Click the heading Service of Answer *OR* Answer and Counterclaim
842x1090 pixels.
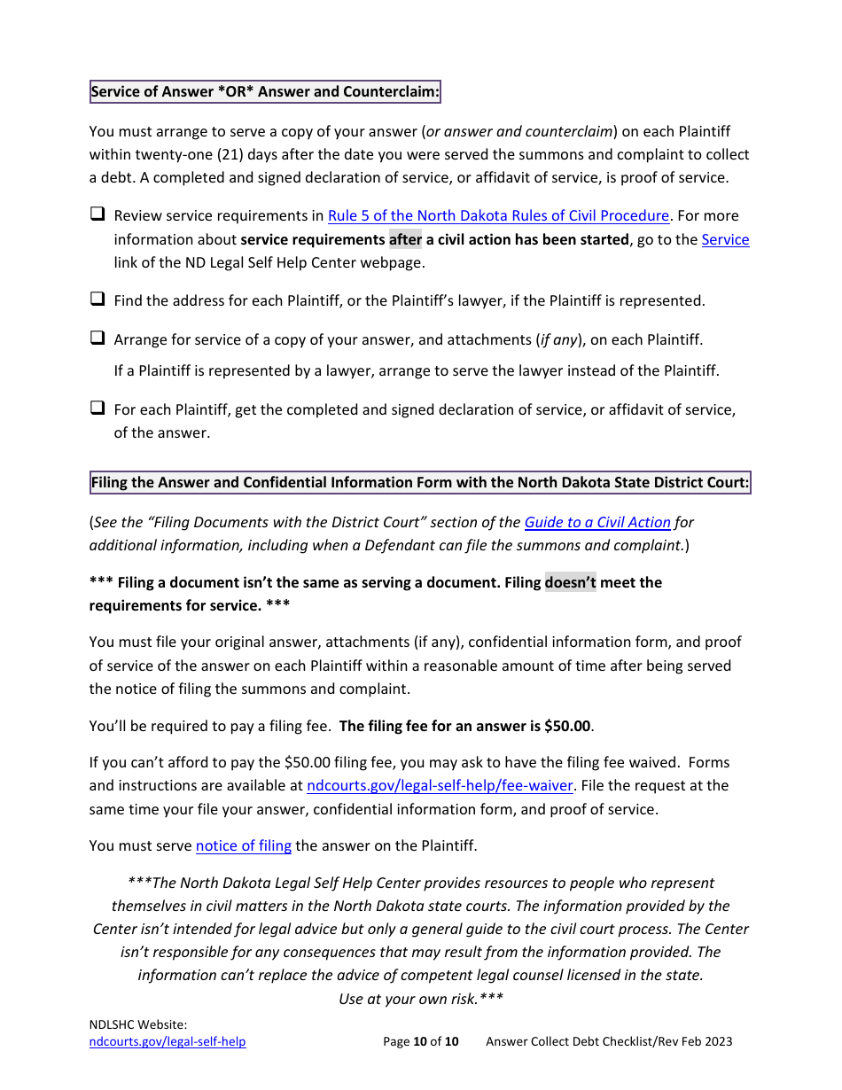pyautogui.click(x=265, y=91)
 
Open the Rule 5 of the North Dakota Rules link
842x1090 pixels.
pyautogui.click(x=498, y=215)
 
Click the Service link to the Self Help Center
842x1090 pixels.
pyautogui.click(x=725, y=239)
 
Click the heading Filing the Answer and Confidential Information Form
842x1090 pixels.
pyautogui.click(x=420, y=482)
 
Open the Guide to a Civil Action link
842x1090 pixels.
pyautogui.click(x=597, y=522)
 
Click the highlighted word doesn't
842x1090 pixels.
pyautogui.click(x=570, y=582)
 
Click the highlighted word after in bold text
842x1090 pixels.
pyautogui.click(x=405, y=239)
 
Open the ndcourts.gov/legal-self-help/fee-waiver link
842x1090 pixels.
pyautogui.click(x=440, y=785)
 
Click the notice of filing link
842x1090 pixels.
pyautogui.click(x=244, y=845)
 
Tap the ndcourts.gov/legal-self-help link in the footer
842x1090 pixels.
pyautogui.click(x=168, y=1041)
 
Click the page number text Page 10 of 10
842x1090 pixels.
pyautogui.click(x=421, y=1041)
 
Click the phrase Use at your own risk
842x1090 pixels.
pyautogui.click(x=421, y=998)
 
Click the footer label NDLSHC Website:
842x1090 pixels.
pyautogui.click(x=138, y=1024)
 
